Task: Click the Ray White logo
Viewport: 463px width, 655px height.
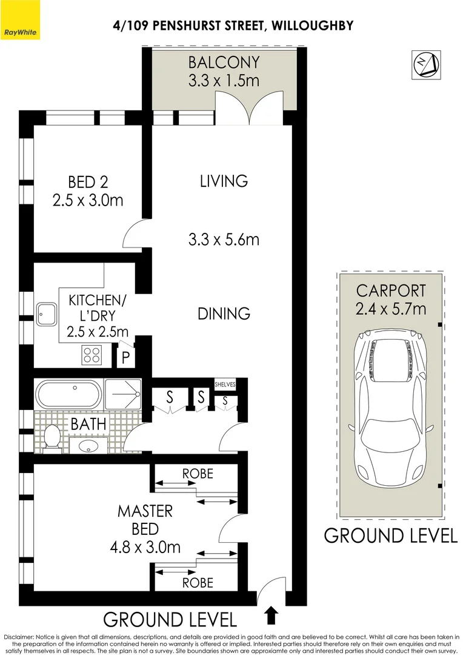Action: coord(20,20)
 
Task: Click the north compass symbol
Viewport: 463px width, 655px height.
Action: coord(426,65)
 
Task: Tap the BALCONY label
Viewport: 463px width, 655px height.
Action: coord(224,62)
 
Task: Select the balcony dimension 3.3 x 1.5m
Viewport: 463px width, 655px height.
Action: coord(224,80)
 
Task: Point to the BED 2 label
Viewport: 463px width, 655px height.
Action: coord(88,182)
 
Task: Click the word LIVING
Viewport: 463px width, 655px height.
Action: coord(224,181)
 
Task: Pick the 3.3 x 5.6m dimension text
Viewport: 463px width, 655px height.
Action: coord(224,240)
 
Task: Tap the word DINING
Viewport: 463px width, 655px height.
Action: coord(224,314)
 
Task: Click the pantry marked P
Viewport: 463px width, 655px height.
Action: coord(125,357)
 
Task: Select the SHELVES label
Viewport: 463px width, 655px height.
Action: coord(225,385)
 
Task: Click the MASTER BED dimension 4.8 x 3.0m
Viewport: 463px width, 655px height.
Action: coord(145,547)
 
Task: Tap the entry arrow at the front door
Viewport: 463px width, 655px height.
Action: coord(271,616)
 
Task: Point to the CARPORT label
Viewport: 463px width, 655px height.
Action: coord(391,291)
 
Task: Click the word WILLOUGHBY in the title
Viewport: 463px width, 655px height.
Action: coord(312,26)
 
